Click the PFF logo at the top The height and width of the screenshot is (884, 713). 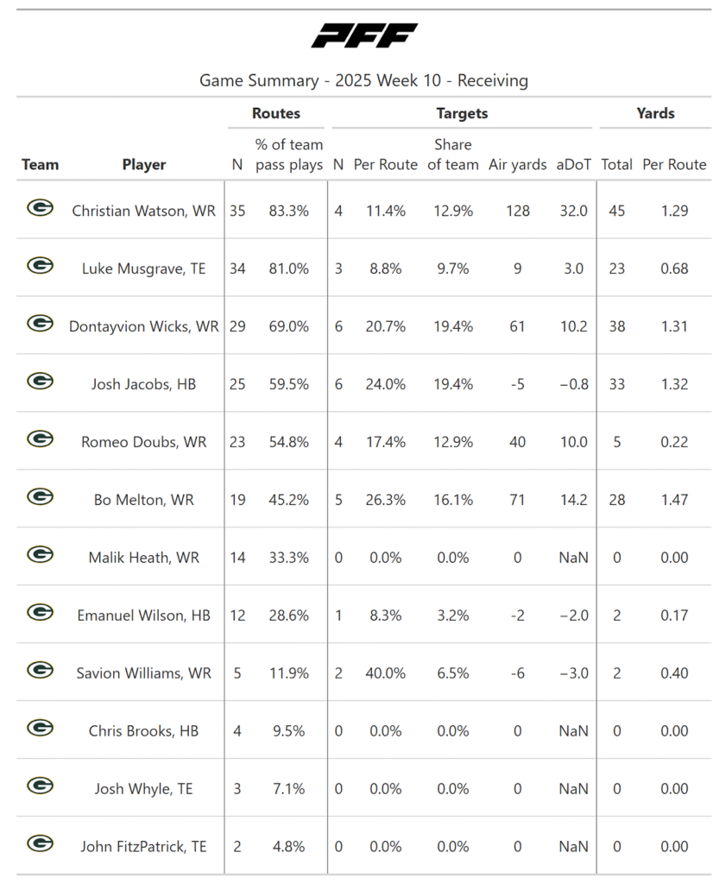363,36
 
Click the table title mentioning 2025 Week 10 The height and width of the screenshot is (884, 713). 363,81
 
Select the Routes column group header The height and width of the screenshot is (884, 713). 276,113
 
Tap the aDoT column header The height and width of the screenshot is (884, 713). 574,164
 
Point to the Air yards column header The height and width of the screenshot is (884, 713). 518,164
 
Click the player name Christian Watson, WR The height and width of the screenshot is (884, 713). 144,211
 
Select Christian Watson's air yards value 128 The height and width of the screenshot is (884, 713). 518,211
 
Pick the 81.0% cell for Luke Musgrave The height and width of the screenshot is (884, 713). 288,268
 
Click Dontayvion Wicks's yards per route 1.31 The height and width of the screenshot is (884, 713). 674,326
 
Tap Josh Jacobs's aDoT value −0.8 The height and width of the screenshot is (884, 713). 573,384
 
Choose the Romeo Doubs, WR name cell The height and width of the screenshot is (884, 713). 144,442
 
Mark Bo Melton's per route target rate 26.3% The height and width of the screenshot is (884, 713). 385,500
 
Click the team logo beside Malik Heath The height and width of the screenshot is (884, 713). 40,556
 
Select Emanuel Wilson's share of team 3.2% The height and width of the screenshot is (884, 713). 452,616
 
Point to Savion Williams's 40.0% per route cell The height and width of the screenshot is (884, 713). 385,673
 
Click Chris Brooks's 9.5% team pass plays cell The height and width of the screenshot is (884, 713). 288,731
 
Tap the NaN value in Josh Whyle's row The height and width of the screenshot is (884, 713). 573,789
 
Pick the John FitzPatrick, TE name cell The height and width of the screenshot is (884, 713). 144,847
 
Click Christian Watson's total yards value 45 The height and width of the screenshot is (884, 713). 616,211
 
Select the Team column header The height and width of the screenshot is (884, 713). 41,164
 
